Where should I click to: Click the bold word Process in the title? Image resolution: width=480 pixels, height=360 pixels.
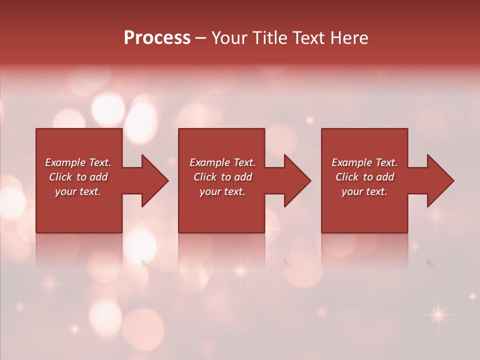(157, 38)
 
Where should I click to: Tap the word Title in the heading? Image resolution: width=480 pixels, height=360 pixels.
(267, 38)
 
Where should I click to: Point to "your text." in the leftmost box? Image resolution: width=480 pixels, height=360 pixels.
(78, 191)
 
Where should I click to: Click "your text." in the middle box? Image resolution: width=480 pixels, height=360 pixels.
(222, 191)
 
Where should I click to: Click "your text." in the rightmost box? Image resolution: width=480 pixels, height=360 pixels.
(364, 191)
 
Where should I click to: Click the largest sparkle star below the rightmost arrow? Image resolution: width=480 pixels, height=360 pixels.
(438, 314)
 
